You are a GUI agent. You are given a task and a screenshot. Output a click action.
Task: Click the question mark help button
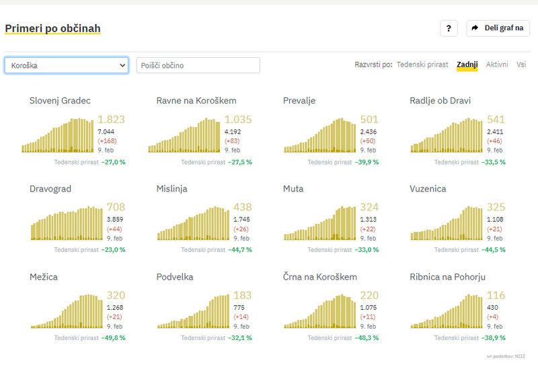tap(449, 28)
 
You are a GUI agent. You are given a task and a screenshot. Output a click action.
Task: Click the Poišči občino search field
tap(198, 65)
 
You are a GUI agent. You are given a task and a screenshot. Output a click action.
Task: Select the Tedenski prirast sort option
tap(422, 65)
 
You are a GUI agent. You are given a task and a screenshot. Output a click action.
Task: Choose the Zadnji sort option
tap(467, 65)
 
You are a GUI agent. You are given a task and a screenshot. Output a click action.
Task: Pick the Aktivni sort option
tap(497, 65)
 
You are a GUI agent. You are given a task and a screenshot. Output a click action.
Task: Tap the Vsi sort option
tap(521, 65)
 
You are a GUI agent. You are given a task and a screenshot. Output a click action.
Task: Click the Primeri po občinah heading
tap(52, 29)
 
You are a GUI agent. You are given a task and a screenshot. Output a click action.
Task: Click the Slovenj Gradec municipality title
tap(60, 101)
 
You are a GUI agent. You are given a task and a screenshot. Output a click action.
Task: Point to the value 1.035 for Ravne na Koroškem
tap(238, 120)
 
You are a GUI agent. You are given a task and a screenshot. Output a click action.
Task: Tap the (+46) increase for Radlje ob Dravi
tap(495, 142)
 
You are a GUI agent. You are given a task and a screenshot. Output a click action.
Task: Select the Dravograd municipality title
tap(50, 189)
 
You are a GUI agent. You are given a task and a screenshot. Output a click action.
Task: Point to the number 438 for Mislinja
tap(243, 207)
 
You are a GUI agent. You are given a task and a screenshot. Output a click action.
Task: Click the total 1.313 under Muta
tap(369, 219)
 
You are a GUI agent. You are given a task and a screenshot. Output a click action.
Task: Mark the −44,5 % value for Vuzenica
tap(493, 249)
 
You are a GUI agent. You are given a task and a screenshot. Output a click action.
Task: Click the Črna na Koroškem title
tap(320, 276)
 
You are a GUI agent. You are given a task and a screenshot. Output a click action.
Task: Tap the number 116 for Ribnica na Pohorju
tap(497, 295)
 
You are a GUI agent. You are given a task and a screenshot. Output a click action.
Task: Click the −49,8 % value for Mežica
tap(113, 337)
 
